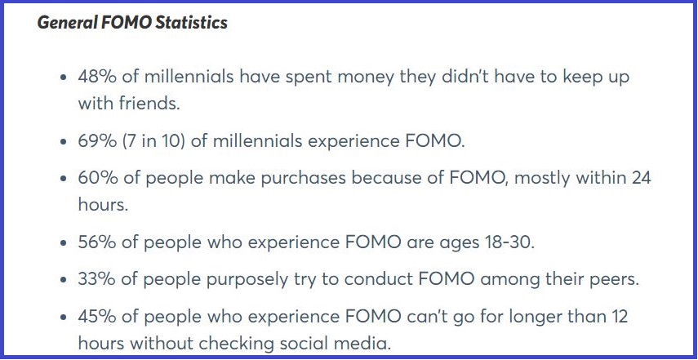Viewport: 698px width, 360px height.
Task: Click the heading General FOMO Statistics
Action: [132, 22]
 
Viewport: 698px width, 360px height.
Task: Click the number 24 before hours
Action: [642, 178]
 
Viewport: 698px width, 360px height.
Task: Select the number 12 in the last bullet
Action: [619, 317]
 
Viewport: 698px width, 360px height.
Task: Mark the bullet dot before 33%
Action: [65, 280]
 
